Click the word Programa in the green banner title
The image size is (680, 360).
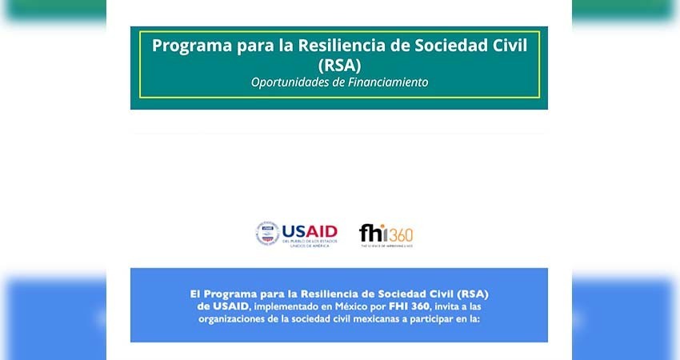[190, 46]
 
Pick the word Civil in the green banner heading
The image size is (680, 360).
[515, 46]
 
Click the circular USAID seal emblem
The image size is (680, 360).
[267, 234]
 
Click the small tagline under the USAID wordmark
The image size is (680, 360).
[308, 242]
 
